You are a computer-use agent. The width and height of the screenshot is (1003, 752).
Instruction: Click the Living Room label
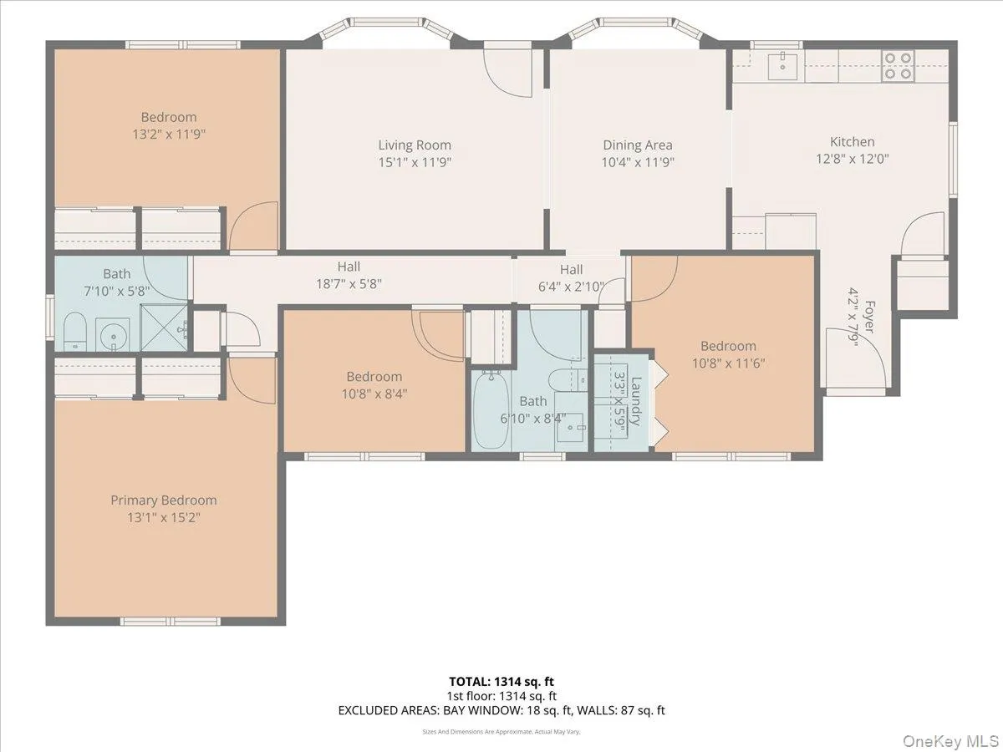click(x=415, y=145)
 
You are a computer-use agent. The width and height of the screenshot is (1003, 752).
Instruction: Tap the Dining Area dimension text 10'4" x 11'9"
click(x=638, y=163)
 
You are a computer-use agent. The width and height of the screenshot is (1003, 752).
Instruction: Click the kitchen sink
click(x=784, y=65)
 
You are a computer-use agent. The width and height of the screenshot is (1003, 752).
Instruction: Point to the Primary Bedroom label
click(x=164, y=500)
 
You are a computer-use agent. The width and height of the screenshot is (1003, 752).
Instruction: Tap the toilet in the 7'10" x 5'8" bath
click(x=74, y=332)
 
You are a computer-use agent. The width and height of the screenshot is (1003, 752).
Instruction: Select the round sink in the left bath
click(x=110, y=337)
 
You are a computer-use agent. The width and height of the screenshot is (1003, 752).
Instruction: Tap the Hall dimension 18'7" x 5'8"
click(x=349, y=284)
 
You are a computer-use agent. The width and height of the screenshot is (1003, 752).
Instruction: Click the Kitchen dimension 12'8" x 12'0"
click(x=852, y=159)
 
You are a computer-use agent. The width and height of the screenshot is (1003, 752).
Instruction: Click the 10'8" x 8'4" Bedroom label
click(x=374, y=377)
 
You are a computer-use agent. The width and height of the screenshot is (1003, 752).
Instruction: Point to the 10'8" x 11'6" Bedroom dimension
click(x=728, y=363)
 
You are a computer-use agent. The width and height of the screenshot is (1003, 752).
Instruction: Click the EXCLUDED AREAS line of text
click(x=501, y=711)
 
